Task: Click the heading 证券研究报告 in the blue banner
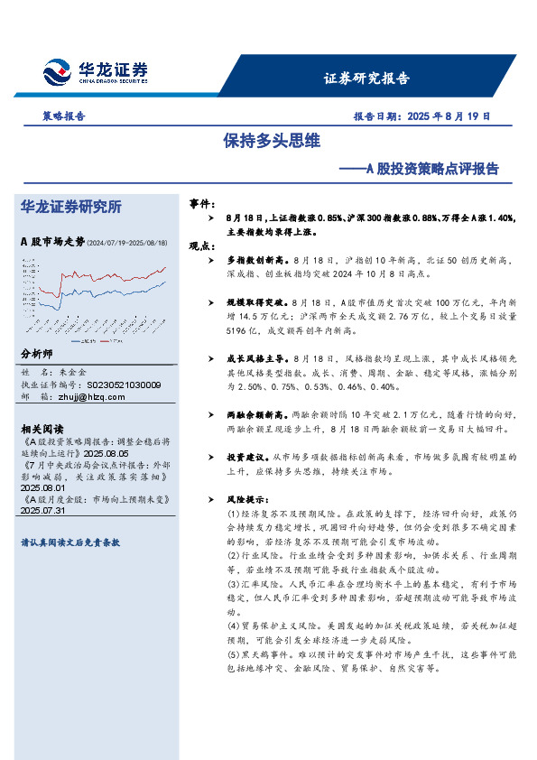tap(366, 78)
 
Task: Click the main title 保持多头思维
tap(272, 142)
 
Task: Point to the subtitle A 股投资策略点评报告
tap(431, 168)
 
